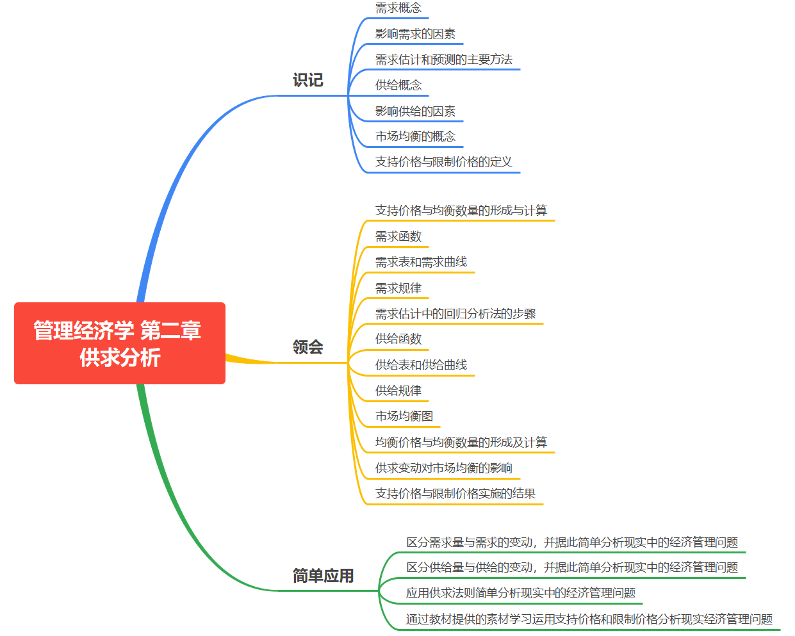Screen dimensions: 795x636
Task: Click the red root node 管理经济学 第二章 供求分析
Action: click(x=119, y=343)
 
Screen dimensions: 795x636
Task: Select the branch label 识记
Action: click(x=307, y=80)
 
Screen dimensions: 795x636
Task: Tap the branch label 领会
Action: click(x=307, y=347)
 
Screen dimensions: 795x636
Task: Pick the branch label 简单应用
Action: click(x=323, y=576)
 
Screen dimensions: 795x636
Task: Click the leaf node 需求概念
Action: click(x=398, y=8)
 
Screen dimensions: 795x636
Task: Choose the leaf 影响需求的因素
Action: click(x=415, y=34)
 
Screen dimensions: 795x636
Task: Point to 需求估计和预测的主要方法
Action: click(x=443, y=60)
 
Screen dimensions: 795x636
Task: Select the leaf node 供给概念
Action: click(x=398, y=85)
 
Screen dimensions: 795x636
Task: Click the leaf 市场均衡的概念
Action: click(x=415, y=136)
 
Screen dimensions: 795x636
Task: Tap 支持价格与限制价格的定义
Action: click(x=443, y=162)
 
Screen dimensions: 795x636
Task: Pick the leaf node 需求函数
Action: click(x=398, y=236)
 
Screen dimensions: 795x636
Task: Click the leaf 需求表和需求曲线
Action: click(x=421, y=262)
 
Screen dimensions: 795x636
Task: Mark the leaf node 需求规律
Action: click(x=398, y=288)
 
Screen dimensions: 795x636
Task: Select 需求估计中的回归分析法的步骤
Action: click(x=455, y=314)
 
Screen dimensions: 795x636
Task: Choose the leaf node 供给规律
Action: click(x=398, y=391)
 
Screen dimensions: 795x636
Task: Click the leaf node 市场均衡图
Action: click(x=404, y=416)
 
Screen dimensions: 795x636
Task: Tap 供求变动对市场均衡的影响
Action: click(x=443, y=468)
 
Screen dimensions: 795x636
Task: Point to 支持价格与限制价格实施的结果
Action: click(x=455, y=494)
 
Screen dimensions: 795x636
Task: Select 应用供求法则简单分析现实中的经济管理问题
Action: click(x=520, y=593)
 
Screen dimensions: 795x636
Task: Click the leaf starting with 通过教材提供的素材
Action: click(x=589, y=619)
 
